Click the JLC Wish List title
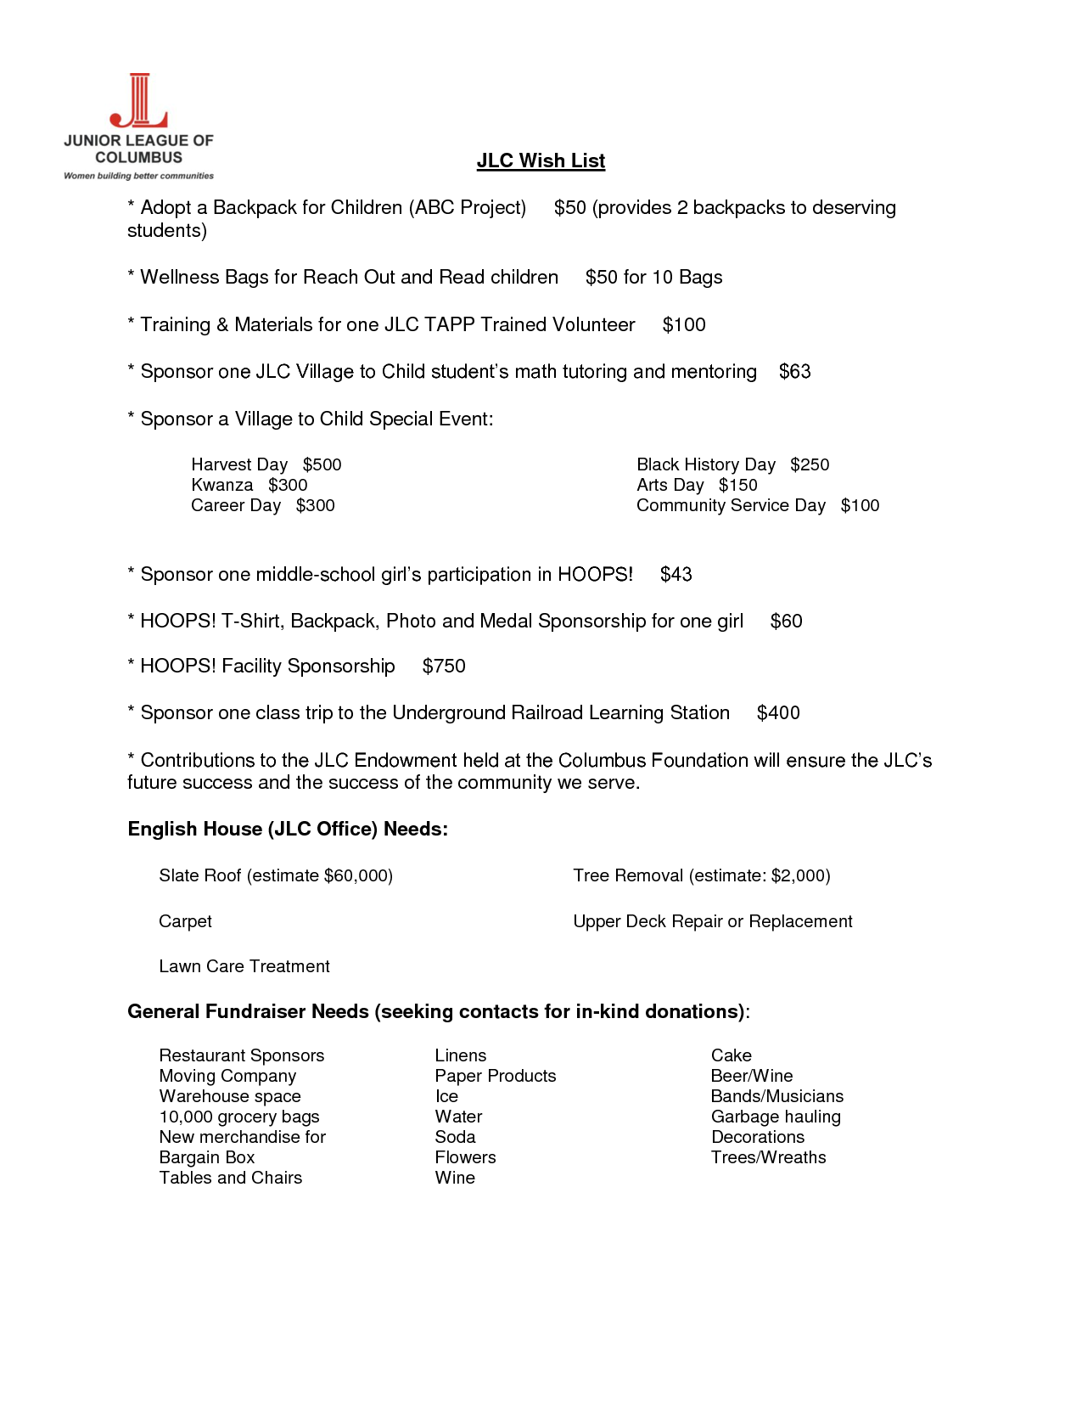pos(541,160)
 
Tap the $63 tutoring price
pos(794,371)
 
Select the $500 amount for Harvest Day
pos(322,464)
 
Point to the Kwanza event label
pos(222,485)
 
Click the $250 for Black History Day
pos(809,464)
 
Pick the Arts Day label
pos(670,485)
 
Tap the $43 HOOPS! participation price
pos(676,574)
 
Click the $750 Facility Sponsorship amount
pos(444,666)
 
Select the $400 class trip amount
pos(778,712)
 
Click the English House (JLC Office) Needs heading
pos(288,829)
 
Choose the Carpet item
pos(185,921)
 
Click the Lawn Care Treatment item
pos(244,966)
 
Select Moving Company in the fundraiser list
pos(227,1076)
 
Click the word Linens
pos(460,1055)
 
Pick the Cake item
pos(731,1055)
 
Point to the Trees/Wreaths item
pos(768,1157)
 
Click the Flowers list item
pos(465,1157)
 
